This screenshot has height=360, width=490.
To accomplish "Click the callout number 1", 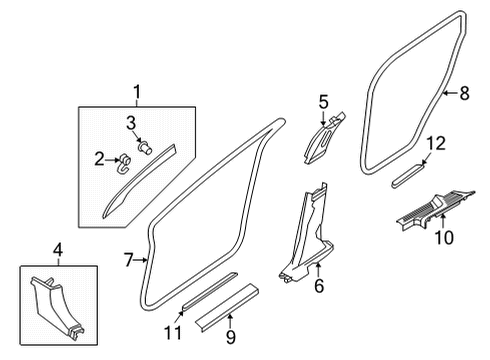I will pos(137,92).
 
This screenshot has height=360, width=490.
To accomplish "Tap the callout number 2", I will pos(99,157).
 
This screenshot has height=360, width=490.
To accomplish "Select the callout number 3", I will pos(131,122).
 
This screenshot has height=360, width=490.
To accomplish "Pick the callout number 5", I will pos(323,101).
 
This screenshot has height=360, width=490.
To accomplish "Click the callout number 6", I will pos(319,287).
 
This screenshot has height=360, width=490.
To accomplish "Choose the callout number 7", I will pos(128,260).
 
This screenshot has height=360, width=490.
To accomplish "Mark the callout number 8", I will pos(463,94).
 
